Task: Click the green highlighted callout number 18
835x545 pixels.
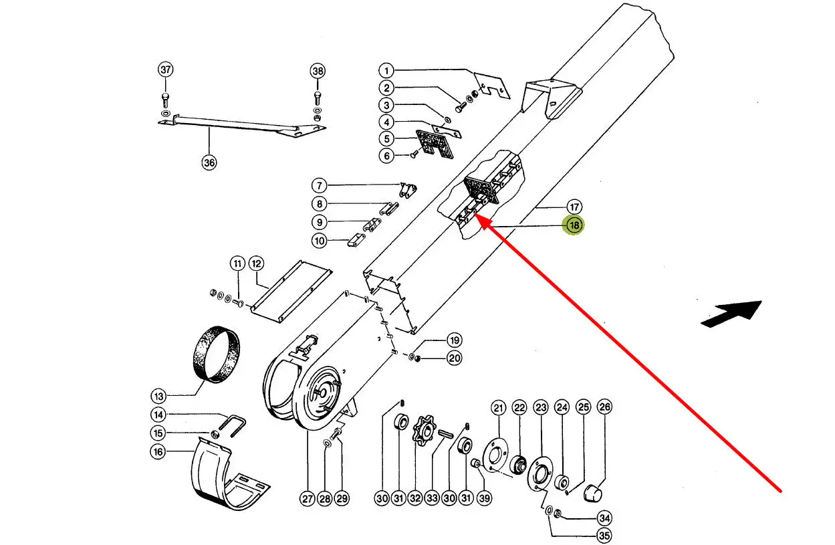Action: click(574, 226)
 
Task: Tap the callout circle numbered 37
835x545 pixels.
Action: click(165, 70)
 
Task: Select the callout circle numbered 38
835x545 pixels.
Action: click(318, 70)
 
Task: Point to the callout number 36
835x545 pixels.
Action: click(209, 162)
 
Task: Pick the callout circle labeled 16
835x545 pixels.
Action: click(158, 452)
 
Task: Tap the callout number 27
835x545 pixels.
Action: click(307, 498)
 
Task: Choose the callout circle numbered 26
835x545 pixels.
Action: click(604, 407)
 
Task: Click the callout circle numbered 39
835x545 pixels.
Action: click(485, 498)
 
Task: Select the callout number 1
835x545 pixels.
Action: click(386, 70)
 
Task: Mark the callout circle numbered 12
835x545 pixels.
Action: click(257, 263)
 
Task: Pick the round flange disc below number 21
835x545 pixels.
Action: click(496, 455)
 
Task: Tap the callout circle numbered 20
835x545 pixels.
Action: click(454, 358)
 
